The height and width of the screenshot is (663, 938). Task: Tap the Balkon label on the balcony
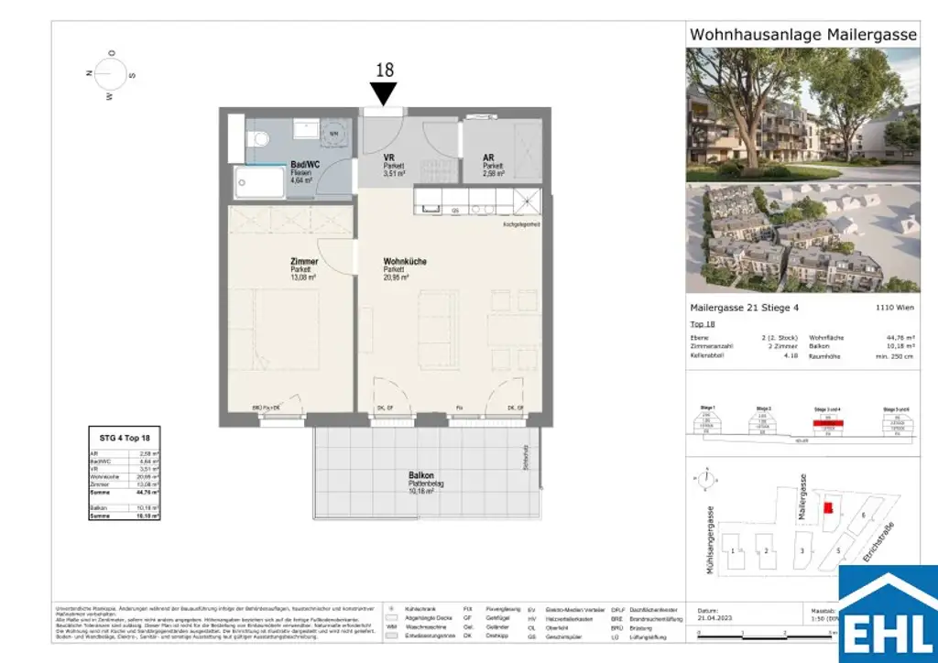point(421,476)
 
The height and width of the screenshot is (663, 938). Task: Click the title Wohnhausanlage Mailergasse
point(802,34)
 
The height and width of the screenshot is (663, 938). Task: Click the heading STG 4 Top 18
point(124,439)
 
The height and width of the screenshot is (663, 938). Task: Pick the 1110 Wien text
point(899,309)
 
